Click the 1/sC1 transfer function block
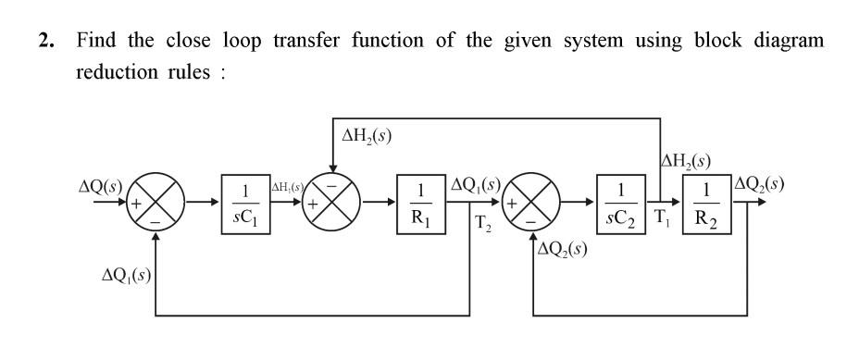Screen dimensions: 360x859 pos(243,201)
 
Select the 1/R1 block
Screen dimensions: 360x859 pos(421,201)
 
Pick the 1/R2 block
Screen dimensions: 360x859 pos(707,201)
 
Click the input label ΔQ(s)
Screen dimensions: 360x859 pos(101,184)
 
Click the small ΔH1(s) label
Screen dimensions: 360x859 pos(284,187)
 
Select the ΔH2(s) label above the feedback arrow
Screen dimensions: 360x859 pos(367,136)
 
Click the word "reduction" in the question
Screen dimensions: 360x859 pos(113,72)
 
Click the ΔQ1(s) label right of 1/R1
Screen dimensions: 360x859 pos(476,183)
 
